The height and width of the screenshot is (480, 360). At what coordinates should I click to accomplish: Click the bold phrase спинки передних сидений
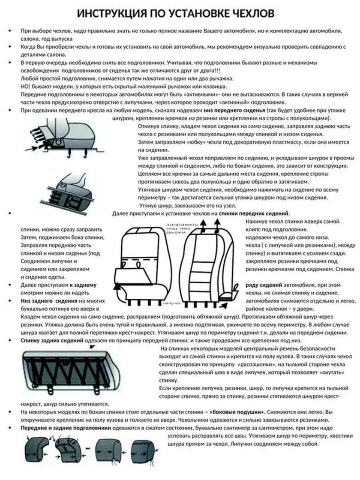(254, 213)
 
